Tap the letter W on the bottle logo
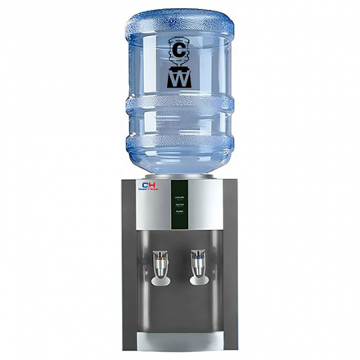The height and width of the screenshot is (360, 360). click(x=179, y=79)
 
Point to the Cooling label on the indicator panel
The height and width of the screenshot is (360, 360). click(x=178, y=198)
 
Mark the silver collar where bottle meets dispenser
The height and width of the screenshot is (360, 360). click(x=179, y=175)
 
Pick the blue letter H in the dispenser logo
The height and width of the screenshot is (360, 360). click(x=153, y=185)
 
